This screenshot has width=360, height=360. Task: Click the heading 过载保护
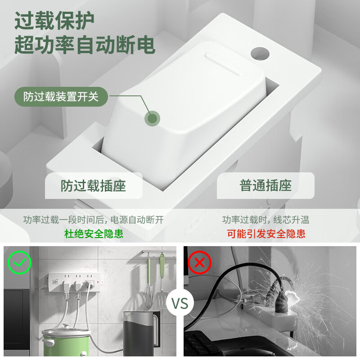[54, 20]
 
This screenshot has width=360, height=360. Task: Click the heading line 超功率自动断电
[85, 44]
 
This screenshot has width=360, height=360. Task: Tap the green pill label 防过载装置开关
[61, 97]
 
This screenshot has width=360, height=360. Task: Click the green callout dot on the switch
[152, 119]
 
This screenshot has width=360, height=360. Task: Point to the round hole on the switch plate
[260, 54]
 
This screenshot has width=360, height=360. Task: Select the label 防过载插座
[94, 186]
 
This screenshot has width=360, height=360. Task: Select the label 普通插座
[265, 185]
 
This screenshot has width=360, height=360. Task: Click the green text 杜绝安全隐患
[94, 234]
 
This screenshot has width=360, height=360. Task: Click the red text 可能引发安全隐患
[266, 234]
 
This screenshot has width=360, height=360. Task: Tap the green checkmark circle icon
[19, 262]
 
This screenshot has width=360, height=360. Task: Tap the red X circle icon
[199, 262]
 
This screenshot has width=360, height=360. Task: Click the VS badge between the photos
[180, 303]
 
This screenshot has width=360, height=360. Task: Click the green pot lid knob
[66, 325]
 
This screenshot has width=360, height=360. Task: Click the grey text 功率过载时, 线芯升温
[265, 220]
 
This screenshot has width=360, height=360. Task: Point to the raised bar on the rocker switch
[224, 65]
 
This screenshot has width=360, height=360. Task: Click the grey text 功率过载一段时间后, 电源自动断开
[94, 220]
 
